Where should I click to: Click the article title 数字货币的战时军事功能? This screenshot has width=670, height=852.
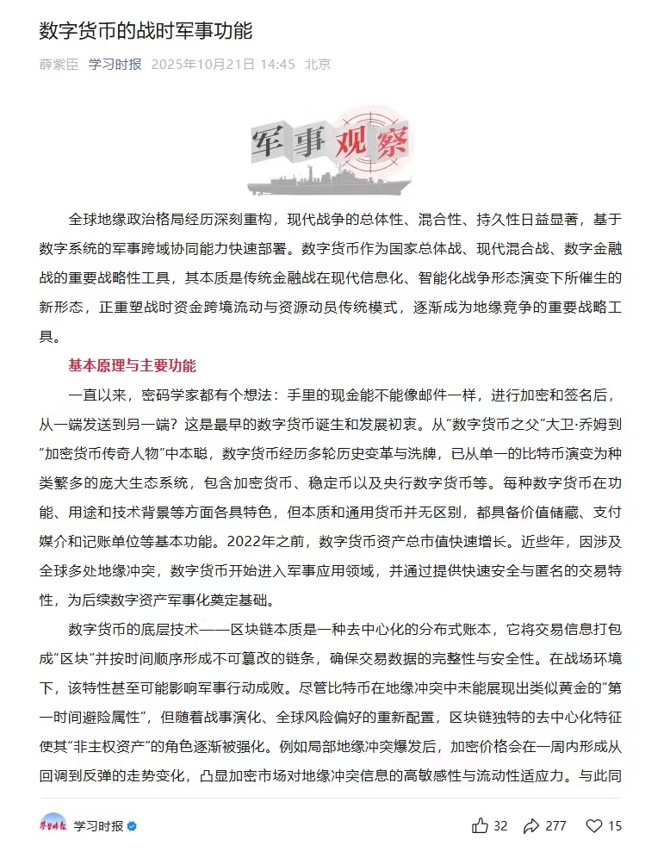click(146, 32)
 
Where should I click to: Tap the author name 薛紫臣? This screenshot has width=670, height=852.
click(59, 65)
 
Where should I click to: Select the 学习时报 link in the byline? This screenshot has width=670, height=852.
click(115, 65)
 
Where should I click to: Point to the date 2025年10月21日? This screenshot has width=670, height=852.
click(203, 65)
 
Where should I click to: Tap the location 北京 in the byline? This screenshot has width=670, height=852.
click(318, 65)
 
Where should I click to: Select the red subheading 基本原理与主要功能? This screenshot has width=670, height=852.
click(132, 366)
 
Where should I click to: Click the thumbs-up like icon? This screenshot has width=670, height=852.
click(480, 825)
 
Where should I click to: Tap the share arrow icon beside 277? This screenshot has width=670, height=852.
click(531, 825)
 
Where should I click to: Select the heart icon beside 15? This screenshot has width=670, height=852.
click(594, 825)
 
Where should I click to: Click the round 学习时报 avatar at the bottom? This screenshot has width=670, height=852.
click(53, 825)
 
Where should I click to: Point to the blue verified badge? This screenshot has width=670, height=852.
click(132, 826)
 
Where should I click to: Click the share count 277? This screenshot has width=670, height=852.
click(555, 826)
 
